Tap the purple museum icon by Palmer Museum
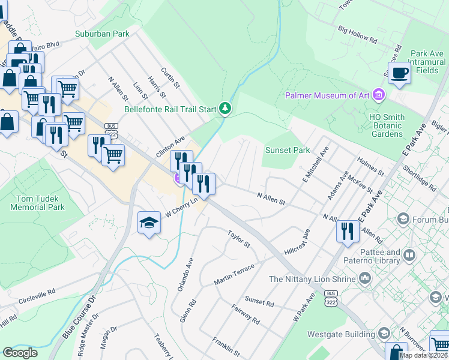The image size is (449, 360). pyautogui.click(x=378, y=95)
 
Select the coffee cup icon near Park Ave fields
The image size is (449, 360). pyautogui.click(x=399, y=73)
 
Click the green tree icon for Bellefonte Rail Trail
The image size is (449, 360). pyautogui.click(x=225, y=109)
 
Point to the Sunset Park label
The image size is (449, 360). pyautogui.click(x=288, y=151)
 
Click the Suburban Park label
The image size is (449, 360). pyautogui.click(x=102, y=34)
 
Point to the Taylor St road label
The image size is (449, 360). pyautogui.click(x=238, y=238)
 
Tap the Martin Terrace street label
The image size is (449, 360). pyautogui.click(x=235, y=274)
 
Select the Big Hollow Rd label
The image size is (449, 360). pyautogui.click(x=357, y=35)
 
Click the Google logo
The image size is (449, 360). pyautogui.click(x=20, y=353)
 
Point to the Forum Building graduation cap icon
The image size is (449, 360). pyautogui.click(x=403, y=219)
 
